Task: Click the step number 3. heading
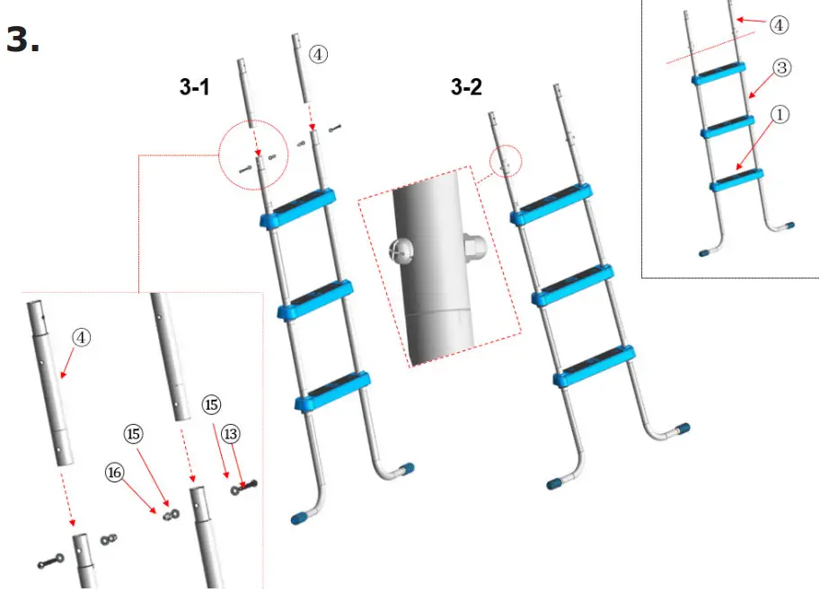[23, 40]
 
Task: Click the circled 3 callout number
[781, 68]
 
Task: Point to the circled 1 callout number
[781, 115]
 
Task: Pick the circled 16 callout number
[116, 472]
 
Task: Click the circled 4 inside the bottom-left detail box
[81, 338]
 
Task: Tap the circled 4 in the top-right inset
[779, 24]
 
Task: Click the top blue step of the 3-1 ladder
[295, 207]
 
